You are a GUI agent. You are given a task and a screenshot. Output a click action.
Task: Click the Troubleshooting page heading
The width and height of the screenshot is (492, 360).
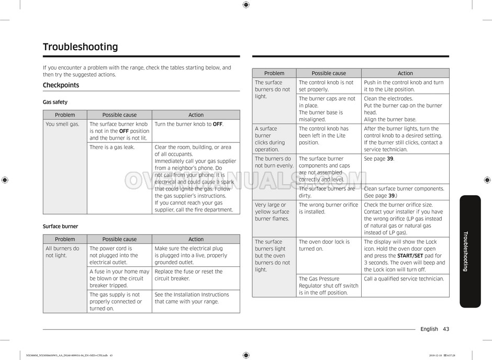click(x=80, y=47)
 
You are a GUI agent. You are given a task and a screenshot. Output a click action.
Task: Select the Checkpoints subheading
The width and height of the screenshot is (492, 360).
click(x=61, y=85)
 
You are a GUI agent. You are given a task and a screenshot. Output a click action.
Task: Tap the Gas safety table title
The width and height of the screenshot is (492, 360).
click(x=55, y=102)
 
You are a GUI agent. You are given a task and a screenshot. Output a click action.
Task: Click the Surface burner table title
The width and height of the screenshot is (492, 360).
click(x=60, y=227)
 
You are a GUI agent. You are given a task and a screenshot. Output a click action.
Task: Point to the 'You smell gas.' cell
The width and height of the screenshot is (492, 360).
click(x=62, y=125)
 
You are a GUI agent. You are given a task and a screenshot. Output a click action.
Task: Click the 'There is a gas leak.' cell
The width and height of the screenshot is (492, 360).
click(x=112, y=148)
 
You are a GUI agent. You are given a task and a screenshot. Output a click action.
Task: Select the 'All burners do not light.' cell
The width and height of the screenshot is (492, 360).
click(x=62, y=252)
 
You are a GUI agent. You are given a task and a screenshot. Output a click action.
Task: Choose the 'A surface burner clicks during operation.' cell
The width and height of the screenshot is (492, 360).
click(x=270, y=139)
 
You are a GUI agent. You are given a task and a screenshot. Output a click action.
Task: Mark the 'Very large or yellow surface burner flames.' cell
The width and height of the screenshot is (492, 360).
click(x=272, y=212)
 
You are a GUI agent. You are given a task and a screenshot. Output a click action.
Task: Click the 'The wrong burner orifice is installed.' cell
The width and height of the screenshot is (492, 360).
click(x=328, y=208)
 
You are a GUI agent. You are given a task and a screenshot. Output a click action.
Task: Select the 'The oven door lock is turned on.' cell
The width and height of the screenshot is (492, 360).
click(x=325, y=245)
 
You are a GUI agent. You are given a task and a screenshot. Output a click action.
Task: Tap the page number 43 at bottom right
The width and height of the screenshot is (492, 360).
click(x=445, y=329)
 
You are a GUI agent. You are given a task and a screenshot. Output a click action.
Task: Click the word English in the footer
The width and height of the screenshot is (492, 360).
click(x=429, y=329)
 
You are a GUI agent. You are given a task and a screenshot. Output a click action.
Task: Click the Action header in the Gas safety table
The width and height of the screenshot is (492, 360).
click(x=196, y=115)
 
